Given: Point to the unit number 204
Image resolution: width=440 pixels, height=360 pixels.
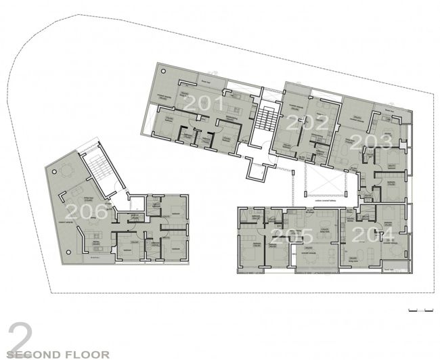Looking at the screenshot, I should click(378, 235).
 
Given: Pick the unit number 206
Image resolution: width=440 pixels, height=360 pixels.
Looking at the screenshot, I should click(85, 212).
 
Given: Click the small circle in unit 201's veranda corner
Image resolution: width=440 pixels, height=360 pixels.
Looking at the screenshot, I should click(162, 70).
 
